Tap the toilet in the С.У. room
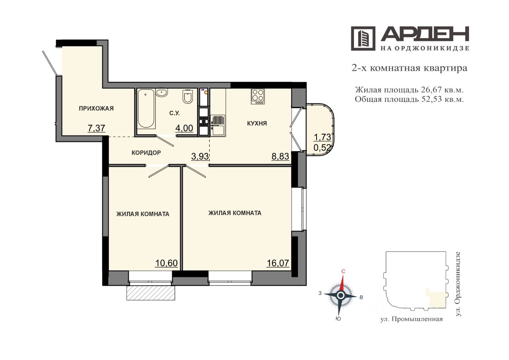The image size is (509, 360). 188,97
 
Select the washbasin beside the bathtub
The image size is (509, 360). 162,92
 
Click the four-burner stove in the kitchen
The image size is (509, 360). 258,96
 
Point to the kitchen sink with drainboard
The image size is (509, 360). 218,126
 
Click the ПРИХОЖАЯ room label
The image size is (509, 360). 96,108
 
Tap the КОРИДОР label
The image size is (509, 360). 146,153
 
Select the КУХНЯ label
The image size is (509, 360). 257,124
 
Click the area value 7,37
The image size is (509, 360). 96,128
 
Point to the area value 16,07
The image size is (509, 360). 278,263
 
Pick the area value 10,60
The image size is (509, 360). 166,263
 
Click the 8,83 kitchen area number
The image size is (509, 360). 280,157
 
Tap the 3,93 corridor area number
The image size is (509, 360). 200,157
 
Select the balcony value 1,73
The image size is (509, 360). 322,137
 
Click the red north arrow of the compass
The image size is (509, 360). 342,283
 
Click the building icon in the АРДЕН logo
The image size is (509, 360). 363,39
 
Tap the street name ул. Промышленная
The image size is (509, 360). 412,319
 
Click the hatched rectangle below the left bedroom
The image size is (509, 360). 151,293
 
